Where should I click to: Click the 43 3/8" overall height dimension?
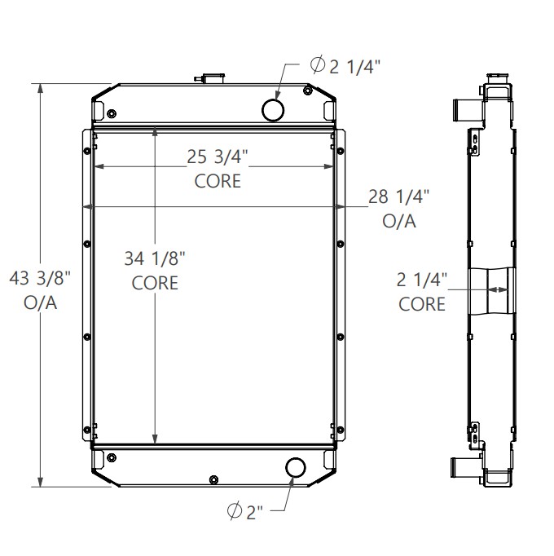[41, 280]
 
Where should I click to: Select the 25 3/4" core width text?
[217, 156]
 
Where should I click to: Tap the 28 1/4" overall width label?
[399, 196]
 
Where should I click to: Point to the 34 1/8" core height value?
[155, 259]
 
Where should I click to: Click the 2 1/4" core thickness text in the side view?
[422, 280]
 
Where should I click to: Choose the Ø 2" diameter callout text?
[245, 512]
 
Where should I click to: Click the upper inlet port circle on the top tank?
[273, 108]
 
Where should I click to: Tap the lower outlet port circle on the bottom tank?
[294, 468]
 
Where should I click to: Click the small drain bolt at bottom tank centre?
[213, 479]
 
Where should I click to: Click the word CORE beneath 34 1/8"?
[155, 283]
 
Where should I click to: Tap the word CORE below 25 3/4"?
[218, 180]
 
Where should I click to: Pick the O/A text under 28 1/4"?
[399, 220]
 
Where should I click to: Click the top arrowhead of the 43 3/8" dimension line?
[41, 87]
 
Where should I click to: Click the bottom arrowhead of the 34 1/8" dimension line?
[155, 440]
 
